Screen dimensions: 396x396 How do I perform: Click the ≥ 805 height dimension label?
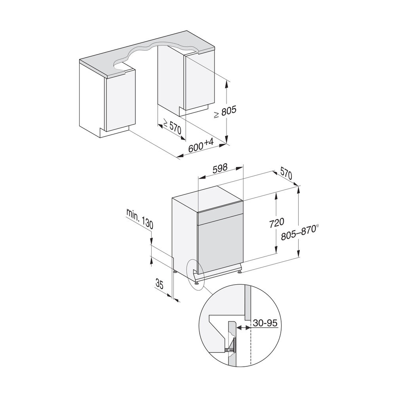(x=225, y=112)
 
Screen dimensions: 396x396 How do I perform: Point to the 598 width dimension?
(x=219, y=168)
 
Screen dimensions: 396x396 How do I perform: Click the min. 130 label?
(x=139, y=219)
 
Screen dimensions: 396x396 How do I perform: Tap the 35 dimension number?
(x=160, y=283)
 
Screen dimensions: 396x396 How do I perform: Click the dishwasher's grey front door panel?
(x=220, y=244)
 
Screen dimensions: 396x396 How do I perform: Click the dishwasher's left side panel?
(x=185, y=234)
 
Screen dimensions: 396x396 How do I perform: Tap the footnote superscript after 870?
(x=318, y=226)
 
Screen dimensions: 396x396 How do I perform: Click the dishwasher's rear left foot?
(x=175, y=271)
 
